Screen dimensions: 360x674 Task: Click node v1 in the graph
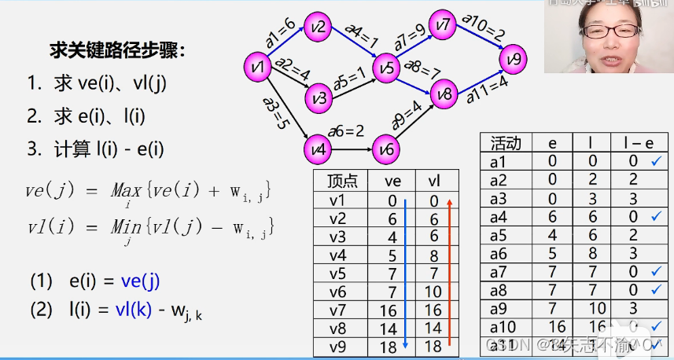click(256, 68)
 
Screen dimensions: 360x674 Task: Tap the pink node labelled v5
click(386, 69)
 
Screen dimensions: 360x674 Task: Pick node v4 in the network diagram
click(318, 147)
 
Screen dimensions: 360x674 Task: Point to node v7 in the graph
click(444, 24)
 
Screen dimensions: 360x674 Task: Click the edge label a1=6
click(280, 35)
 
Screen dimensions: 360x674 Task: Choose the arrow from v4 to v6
click(350, 148)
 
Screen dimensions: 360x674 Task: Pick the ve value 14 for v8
click(392, 329)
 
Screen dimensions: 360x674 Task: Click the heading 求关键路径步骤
click(118, 52)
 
